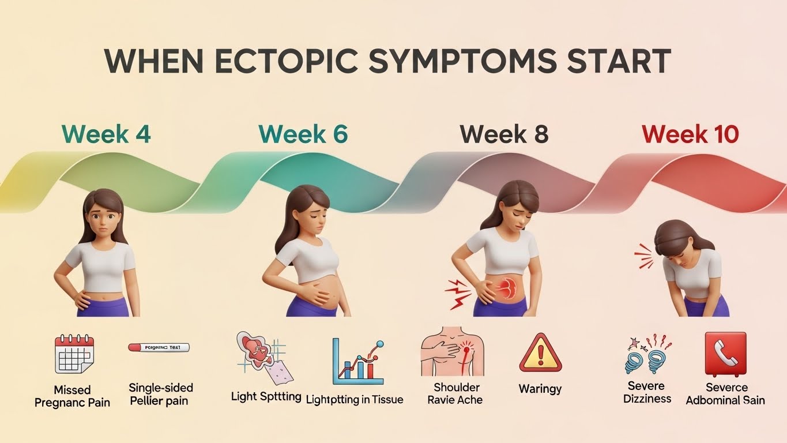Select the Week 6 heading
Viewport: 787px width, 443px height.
tap(303, 134)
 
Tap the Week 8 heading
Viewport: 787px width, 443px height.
tap(504, 134)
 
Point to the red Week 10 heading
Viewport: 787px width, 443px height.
tap(690, 134)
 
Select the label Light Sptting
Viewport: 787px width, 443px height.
tap(266, 396)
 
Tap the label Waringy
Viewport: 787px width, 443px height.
tap(540, 388)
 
